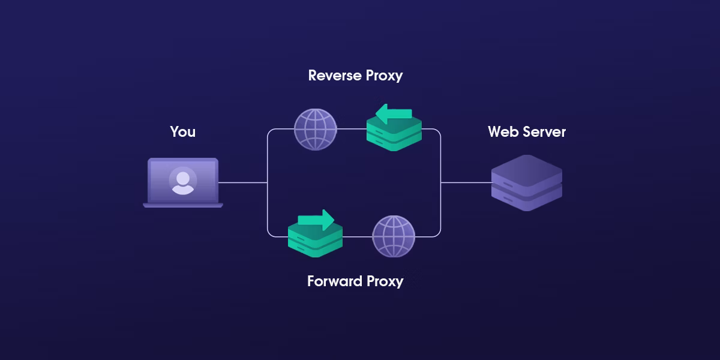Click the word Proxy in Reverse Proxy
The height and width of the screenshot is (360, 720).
pos(382,76)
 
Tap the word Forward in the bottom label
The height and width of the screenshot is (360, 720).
pos(334,281)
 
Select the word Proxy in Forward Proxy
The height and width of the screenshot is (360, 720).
pos(383,281)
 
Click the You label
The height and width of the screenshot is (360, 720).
pos(182,131)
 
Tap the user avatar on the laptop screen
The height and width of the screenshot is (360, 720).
pos(182,181)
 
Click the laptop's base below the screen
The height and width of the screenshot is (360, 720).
pos(183,205)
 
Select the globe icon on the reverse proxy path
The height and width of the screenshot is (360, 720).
pos(316,130)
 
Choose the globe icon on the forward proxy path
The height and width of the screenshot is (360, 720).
pos(394,236)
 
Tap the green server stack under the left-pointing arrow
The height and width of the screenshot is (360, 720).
pos(394,135)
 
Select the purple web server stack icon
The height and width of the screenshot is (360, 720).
pos(526,183)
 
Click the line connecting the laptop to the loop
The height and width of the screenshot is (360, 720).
pos(243,182)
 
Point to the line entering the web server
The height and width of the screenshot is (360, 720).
pos(466,182)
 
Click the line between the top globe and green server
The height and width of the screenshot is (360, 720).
pos(352,129)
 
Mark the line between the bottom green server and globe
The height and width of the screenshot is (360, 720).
pos(357,236)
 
